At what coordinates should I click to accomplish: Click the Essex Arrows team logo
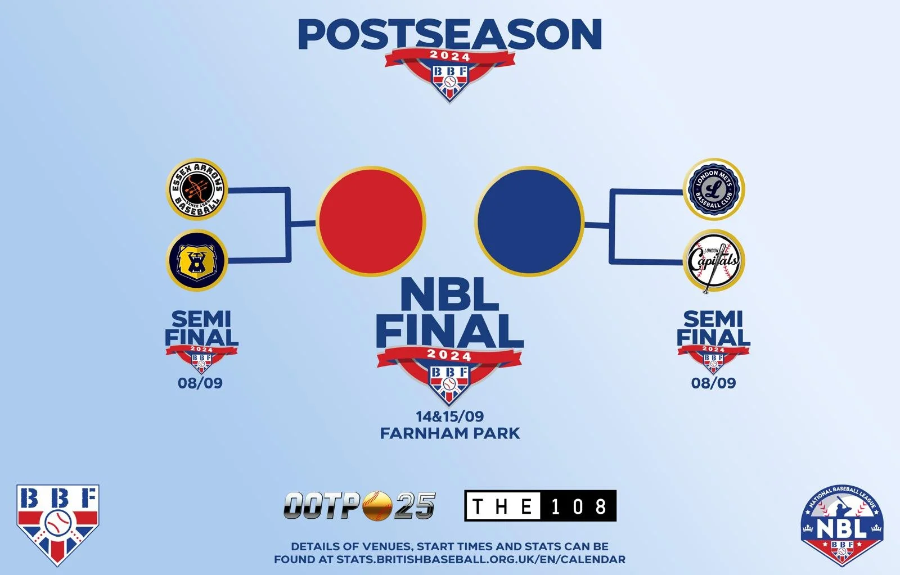pyautogui.click(x=197, y=190)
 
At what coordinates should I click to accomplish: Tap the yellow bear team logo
pyautogui.click(x=197, y=260)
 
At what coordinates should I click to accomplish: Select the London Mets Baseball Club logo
pyautogui.click(x=713, y=189)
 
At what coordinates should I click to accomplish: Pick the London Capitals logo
pyautogui.click(x=713, y=261)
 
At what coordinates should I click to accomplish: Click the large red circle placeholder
pyautogui.click(x=371, y=220)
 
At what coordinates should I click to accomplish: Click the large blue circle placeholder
pyautogui.click(x=529, y=220)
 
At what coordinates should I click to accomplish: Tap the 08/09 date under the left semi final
pyautogui.click(x=200, y=383)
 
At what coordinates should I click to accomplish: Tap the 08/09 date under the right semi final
pyautogui.click(x=713, y=383)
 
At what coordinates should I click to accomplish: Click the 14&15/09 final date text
pyautogui.click(x=450, y=416)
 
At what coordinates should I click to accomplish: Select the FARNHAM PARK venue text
pyautogui.click(x=450, y=433)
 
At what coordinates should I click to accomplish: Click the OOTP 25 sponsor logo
pyautogui.click(x=359, y=505)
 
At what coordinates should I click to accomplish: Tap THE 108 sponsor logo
pyautogui.click(x=540, y=506)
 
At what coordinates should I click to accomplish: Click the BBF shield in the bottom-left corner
pyautogui.click(x=57, y=523)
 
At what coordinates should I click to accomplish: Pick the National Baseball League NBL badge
pyautogui.click(x=841, y=525)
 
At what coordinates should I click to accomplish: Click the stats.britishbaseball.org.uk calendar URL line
pyautogui.click(x=450, y=560)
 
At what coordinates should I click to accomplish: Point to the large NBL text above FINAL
pyautogui.click(x=450, y=295)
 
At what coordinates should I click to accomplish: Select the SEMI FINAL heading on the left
pyautogui.click(x=201, y=328)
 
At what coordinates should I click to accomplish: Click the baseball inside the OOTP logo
pyautogui.click(x=377, y=505)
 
